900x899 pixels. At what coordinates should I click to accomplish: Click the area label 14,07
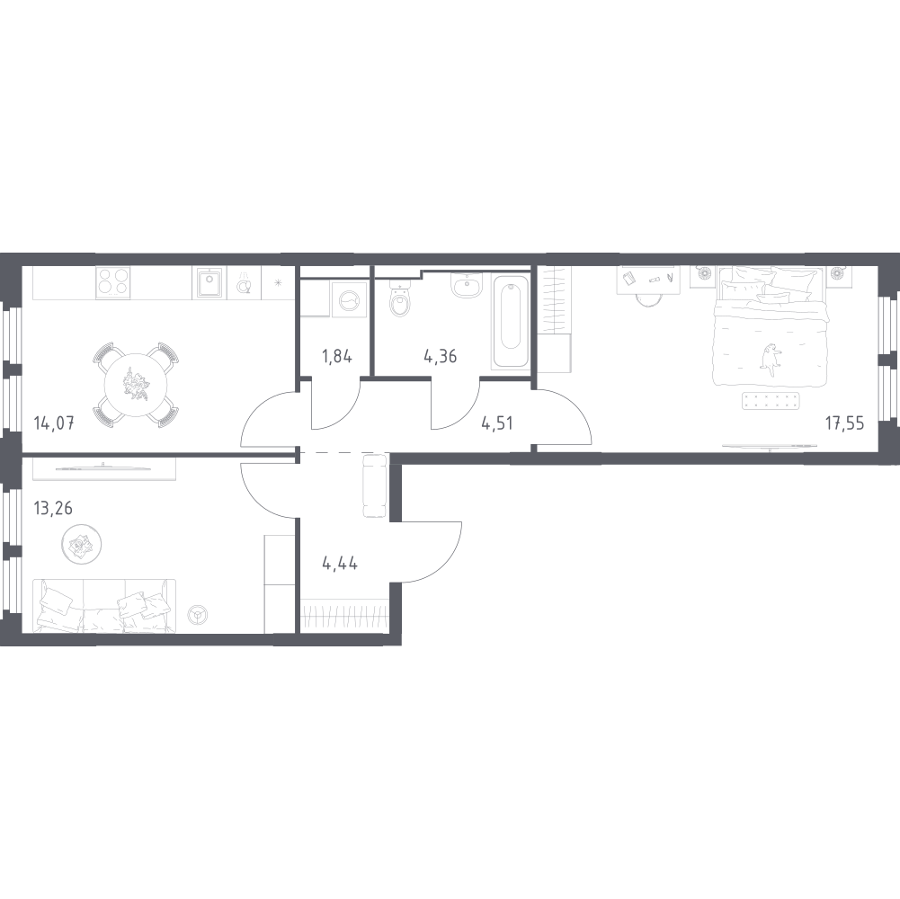point(54,424)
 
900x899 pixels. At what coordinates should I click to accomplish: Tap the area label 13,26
point(53,508)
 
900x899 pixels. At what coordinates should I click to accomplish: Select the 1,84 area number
point(337,357)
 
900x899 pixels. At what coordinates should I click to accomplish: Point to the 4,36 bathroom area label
point(441,357)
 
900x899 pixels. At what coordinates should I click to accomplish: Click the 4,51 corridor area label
point(497,423)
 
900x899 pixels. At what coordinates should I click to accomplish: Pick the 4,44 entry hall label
point(340,564)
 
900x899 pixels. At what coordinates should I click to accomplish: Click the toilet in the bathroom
point(400,298)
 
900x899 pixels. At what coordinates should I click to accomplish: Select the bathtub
point(511,322)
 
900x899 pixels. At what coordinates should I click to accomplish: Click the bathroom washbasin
point(468,285)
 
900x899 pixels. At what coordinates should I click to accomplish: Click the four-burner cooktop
point(112,282)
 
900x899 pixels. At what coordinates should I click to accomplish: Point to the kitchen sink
point(209,283)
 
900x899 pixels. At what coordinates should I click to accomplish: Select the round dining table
point(136,385)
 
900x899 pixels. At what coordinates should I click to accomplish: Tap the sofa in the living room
point(104,606)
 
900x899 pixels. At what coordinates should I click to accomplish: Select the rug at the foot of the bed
point(771,401)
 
